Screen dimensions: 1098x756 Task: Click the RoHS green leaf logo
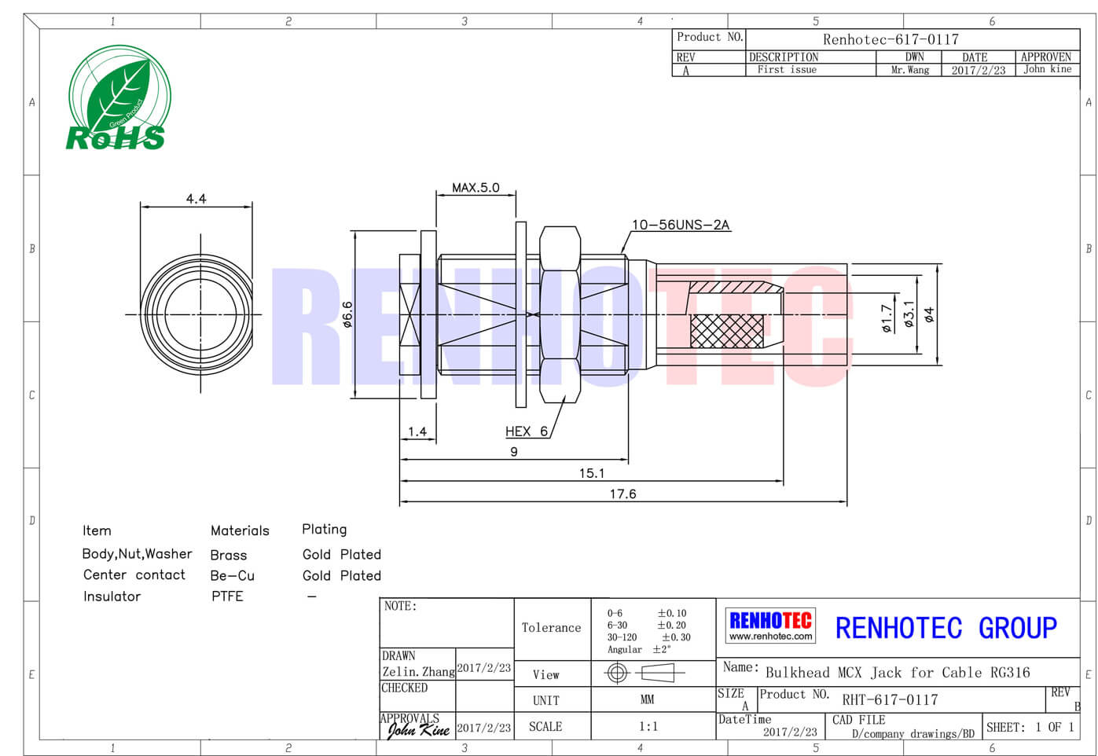coord(119,97)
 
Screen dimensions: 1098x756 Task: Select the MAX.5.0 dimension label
coord(476,188)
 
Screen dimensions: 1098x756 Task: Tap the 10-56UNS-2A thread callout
coord(681,225)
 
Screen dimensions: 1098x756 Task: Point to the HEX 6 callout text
coord(527,431)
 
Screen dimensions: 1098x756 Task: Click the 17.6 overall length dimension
coord(622,494)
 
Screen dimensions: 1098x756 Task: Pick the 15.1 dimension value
coord(592,473)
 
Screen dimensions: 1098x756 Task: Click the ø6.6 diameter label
coord(347,314)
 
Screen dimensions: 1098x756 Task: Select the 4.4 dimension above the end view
coord(196,199)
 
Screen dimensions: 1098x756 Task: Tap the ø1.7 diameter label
coord(887,318)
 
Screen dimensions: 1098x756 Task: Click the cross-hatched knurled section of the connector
coord(726,331)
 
